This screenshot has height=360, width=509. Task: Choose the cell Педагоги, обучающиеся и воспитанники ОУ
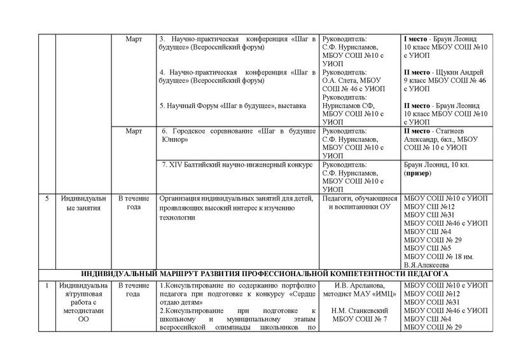tap(359, 204)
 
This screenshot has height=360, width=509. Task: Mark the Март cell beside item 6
tap(136, 130)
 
